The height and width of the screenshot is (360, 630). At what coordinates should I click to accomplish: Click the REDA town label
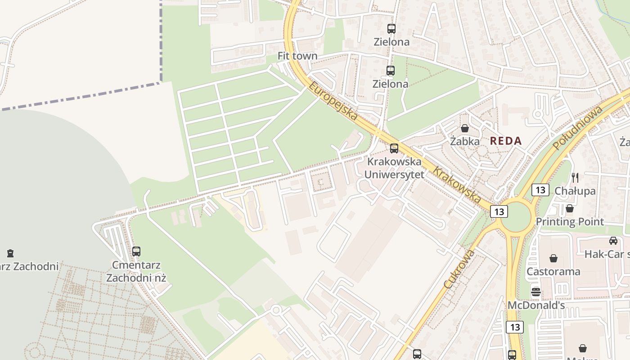(x=506, y=141)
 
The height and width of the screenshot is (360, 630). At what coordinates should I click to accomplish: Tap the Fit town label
(x=297, y=56)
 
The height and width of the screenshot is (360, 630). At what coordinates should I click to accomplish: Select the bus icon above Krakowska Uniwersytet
(x=394, y=148)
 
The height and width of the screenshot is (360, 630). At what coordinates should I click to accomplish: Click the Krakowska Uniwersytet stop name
(x=394, y=168)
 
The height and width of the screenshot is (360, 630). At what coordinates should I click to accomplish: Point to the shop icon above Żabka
(x=465, y=128)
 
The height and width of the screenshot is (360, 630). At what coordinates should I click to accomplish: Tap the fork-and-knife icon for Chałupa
(x=575, y=177)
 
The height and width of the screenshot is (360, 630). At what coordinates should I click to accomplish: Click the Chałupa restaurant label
(x=575, y=191)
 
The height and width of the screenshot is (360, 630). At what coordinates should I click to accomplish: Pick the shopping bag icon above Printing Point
(x=570, y=208)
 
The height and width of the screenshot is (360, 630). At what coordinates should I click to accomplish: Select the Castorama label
(x=553, y=271)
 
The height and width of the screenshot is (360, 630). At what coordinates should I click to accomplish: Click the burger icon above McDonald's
(x=535, y=292)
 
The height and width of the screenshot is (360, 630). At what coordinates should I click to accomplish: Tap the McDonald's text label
(x=536, y=305)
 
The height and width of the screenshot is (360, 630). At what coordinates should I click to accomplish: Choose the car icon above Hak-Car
(x=613, y=241)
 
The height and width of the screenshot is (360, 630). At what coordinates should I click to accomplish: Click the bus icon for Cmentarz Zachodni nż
(x=136, y=252)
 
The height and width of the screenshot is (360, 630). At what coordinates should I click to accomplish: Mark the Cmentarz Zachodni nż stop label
(x=136, y=271)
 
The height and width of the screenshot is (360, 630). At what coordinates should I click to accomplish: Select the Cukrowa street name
(x=459, y=269)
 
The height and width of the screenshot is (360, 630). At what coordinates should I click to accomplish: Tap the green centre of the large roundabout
(x=516, y=216)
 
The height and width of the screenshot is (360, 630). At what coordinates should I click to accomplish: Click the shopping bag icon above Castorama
(x=553, y=258)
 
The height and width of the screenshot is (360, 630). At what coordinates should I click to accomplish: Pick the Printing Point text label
(x=570, y=221)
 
